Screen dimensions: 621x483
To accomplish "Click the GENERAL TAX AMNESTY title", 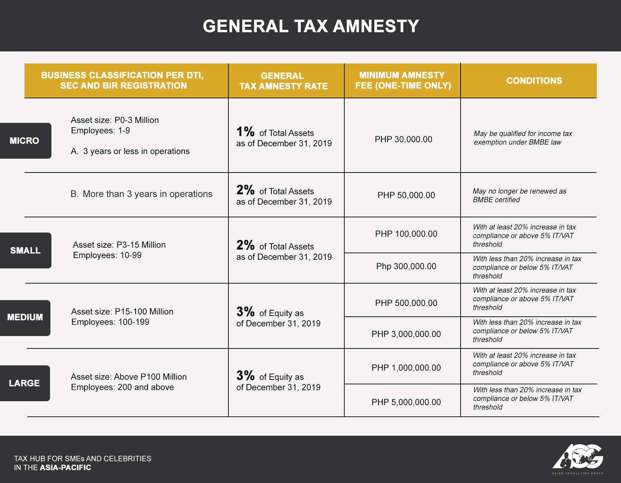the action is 311,26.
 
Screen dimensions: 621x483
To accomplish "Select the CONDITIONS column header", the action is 534,81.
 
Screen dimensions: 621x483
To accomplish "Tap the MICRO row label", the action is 24,141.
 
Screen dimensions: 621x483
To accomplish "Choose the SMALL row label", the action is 25,250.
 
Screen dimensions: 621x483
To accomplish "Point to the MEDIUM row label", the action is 25,317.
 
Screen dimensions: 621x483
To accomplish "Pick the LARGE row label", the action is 24,383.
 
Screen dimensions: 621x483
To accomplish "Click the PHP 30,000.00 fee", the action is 403,139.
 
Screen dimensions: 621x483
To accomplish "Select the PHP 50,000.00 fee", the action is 406,195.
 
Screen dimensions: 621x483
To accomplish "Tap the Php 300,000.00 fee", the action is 406,266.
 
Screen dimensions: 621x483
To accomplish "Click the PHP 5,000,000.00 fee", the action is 406,402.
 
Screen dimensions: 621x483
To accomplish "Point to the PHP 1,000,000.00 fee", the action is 406,368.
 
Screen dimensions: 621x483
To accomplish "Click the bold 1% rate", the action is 245,132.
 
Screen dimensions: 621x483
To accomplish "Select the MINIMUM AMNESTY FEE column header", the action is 403,80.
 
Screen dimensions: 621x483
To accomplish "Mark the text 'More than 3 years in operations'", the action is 148,194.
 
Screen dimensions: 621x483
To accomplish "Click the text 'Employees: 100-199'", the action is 110,322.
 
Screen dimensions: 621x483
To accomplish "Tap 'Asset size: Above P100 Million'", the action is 129,377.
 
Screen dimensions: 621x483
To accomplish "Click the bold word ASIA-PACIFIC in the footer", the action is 66,468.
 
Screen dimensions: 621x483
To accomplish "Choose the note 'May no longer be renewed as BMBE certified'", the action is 520,196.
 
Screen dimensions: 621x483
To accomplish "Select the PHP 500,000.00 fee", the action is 406,303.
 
